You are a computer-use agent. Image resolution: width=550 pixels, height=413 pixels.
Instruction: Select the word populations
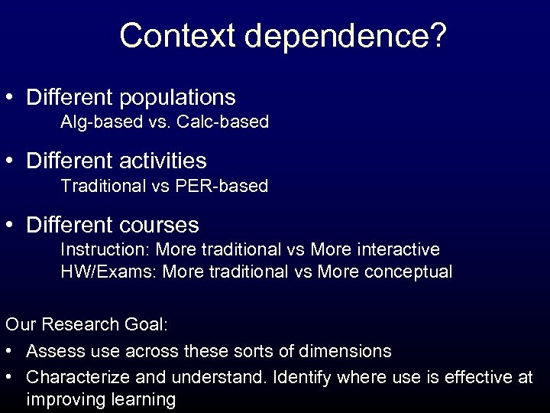coord(178,98)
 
